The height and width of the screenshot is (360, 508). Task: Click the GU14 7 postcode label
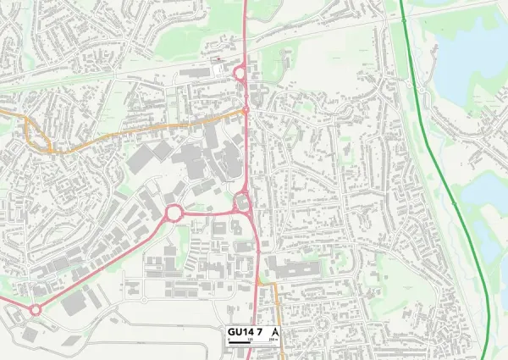[244, 331]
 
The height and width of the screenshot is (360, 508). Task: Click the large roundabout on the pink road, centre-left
[174, 212]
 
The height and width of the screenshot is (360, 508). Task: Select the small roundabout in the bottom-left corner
[35, 310]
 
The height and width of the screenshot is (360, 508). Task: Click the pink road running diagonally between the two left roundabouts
[102, 263]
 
